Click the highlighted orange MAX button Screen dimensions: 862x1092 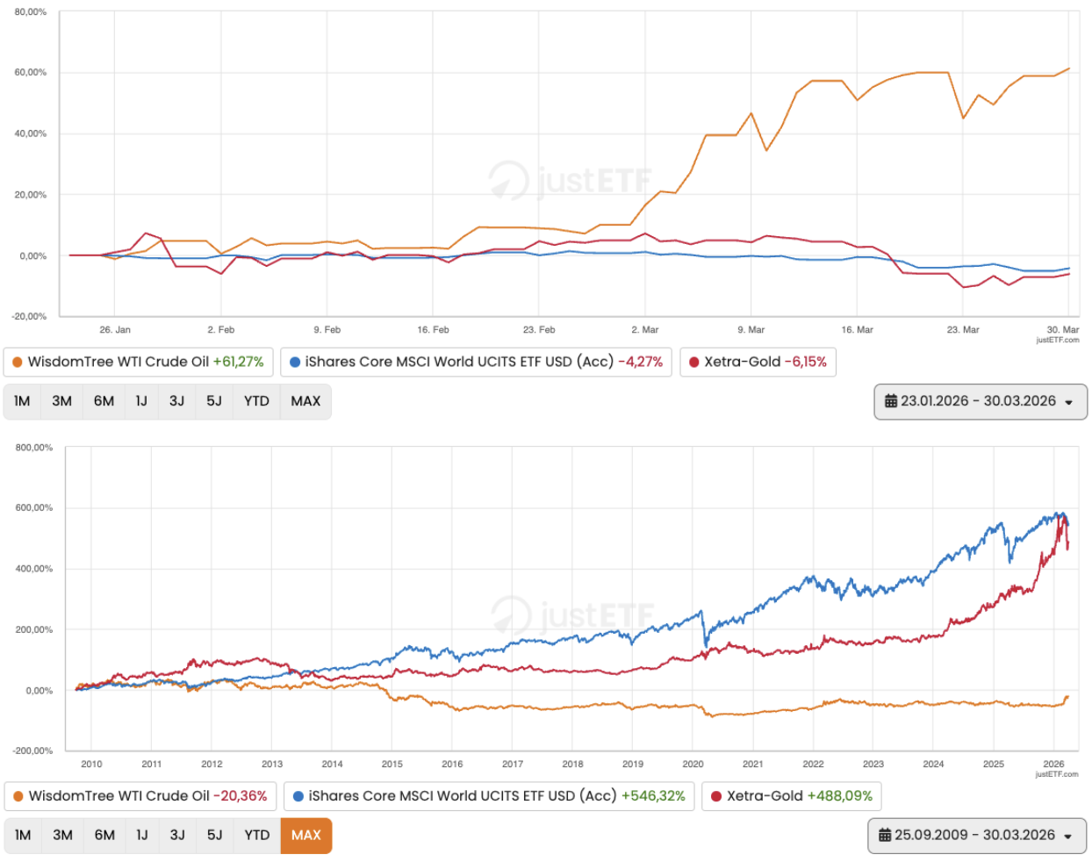(x=305, y=835)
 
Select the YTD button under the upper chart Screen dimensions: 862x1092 (x=256, y=401)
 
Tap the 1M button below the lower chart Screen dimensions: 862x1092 (x=23, y=835)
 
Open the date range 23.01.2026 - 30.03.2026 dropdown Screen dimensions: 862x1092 (x=980, y=401)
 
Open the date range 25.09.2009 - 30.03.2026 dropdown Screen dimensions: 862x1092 (x=976, y=835)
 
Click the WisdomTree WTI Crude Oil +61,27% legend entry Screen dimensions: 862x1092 (x=138, y=362)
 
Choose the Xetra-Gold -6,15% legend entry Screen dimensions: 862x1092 (x=758, y=362)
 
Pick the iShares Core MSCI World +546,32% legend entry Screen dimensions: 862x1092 (x=489, y=796)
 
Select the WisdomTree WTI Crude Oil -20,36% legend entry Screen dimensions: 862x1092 (x=140, y=796)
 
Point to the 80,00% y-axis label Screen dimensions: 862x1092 (x=31, y=12)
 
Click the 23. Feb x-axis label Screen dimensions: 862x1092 (x=539, y=330)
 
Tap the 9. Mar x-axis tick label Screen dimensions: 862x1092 (x=751, y=330)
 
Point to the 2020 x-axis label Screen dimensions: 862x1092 (x=693, y=764)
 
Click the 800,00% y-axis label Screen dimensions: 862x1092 (x=34, y=448)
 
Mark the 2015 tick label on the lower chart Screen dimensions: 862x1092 (x=392, y=764)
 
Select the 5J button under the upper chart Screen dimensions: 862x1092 (x=214, y=401)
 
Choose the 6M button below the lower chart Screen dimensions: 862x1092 (x=104, y=835)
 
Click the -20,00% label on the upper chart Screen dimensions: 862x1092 (x=30, y=316)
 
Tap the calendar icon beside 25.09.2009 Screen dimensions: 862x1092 (x=885, y=835)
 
